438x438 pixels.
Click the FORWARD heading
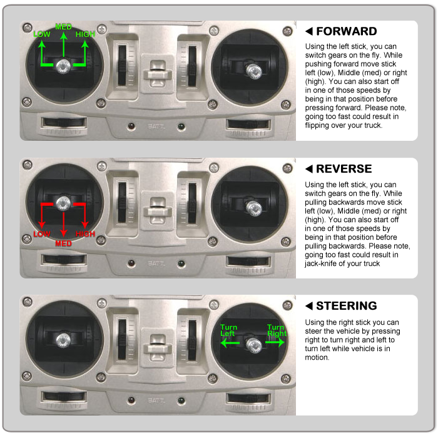347,31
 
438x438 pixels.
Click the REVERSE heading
344,169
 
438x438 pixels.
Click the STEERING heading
347,306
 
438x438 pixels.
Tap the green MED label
63,27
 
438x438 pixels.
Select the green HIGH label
85,34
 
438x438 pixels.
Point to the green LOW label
42,34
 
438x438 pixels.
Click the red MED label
63,243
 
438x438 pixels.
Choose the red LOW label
42,234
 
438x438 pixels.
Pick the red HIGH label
85,234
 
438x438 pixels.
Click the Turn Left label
228,330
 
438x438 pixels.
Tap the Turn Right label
277,330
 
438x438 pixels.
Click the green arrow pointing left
230,343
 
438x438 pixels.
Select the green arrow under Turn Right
275,342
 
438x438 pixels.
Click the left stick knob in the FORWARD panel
63,66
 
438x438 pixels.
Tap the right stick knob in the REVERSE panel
254,208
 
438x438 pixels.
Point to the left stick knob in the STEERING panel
63,340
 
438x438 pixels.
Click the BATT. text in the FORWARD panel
156,126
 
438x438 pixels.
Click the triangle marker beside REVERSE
309,169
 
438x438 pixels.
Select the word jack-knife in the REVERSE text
319,263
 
